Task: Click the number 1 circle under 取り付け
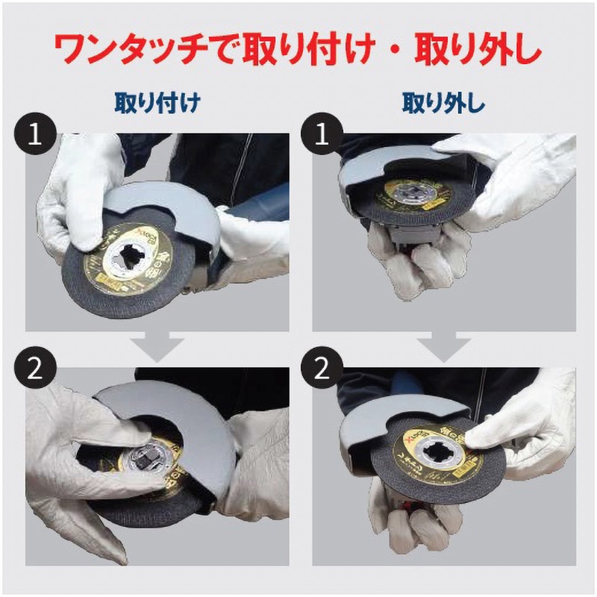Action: [31, 135]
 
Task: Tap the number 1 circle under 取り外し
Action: [319, 135]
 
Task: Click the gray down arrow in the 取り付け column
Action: [157, 345]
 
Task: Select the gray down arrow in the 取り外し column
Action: [444, 345]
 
